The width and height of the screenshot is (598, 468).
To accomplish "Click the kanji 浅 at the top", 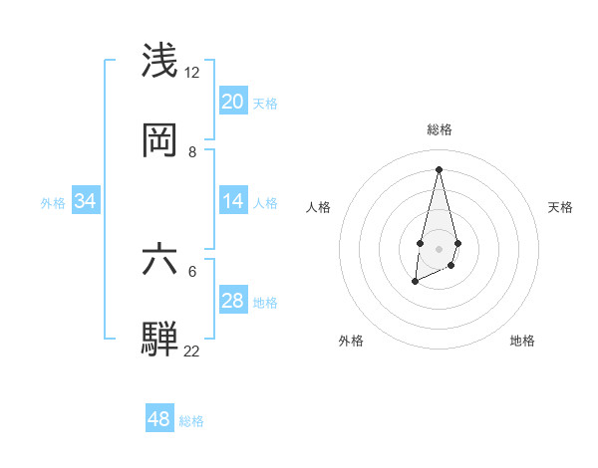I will pos(159,60).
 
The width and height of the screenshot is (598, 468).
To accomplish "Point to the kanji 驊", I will pos(159,338).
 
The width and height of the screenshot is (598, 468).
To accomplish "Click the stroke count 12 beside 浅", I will pos(191,73).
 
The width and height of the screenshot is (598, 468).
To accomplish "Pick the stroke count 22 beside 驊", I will pos(191,351).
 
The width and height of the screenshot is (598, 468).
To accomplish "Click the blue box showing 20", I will pos(232,102).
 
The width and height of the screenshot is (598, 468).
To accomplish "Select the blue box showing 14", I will pos(232,201).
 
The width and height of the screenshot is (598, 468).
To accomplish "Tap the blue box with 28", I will pos(232,301).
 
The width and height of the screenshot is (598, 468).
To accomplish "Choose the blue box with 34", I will pos(86,201).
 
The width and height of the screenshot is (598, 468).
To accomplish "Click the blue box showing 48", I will pos(159,419).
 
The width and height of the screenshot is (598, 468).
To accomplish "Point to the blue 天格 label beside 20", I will pos(265,104).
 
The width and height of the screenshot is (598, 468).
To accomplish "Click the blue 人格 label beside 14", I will pos(265,203).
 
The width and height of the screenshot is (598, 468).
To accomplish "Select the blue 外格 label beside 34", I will pos(53,203).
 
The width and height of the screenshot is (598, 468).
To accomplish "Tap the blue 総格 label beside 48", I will pos(191,421).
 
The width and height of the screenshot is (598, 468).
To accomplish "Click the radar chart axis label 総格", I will pos(439,129).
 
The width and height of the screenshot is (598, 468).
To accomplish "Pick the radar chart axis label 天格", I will pos(560,207).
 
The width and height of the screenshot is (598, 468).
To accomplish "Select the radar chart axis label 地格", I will pos(522,342).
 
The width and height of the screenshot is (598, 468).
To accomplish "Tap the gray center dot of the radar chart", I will pos(439,247).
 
